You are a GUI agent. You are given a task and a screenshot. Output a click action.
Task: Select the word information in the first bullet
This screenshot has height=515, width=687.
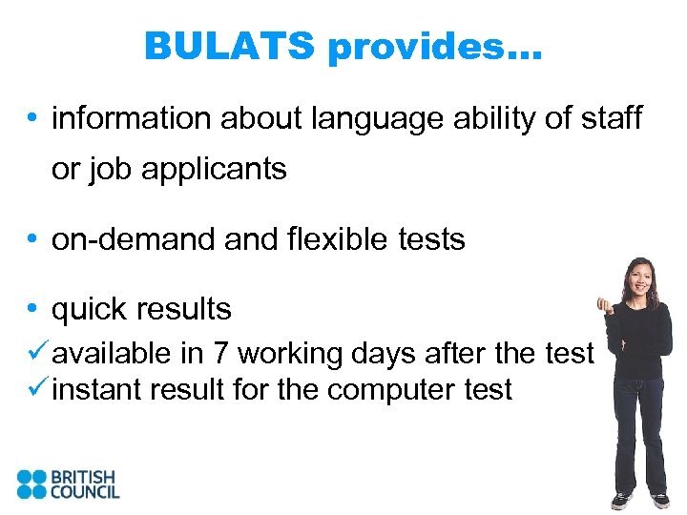[x=133, y=118]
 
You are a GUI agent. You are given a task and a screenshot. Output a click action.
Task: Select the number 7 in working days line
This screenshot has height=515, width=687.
[x=220, y=354]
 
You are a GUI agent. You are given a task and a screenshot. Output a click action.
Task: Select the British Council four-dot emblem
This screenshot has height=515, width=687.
[x=31, y=483]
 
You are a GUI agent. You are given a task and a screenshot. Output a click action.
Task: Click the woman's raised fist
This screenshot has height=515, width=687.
[x=602, y=306]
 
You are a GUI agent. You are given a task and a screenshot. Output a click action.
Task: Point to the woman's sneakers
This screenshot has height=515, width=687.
[x=640, y=499]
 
